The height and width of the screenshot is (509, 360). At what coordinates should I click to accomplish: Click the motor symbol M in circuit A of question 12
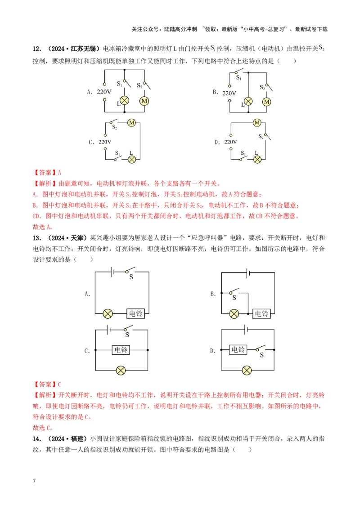click(x=144, y=101)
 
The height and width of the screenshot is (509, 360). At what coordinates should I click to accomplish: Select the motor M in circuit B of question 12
click(x=267, y=102)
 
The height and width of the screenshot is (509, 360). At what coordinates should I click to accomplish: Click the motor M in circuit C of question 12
click(x=132, y=122)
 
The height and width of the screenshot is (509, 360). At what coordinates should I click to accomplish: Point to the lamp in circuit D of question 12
click(x=257, y=159)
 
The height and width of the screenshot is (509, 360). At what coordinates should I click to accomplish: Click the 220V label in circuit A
click(x=104, y=92)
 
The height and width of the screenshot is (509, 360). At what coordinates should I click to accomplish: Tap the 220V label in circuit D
click(x=230, y=142)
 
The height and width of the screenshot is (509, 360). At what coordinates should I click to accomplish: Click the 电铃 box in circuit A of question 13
click(x=135, y=313)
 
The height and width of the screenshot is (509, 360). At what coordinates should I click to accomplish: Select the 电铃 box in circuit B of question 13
click(x=261, y=313)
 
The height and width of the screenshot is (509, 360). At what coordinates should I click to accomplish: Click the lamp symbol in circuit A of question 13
click(x=108, y=313)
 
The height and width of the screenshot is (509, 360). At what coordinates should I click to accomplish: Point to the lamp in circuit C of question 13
click(x=121, y=371)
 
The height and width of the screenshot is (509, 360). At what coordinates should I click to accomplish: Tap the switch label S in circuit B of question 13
click(x=233, y=297)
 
